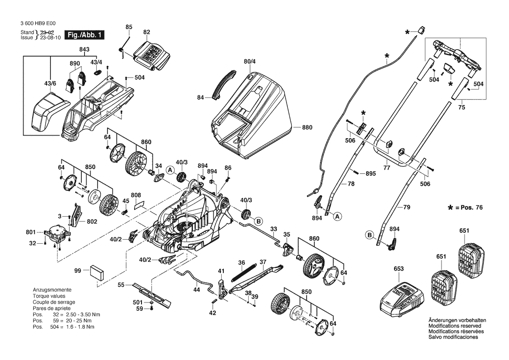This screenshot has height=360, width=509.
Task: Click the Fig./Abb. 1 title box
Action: (84, 35)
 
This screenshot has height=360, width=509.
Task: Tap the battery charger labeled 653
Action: (401, 298)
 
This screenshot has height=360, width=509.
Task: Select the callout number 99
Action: (78, 271)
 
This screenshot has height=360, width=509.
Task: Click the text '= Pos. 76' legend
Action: (468, 208)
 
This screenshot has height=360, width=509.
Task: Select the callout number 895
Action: (370, 173)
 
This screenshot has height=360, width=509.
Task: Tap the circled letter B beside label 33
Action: (258, 221)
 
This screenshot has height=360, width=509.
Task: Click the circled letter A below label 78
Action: (338, 215)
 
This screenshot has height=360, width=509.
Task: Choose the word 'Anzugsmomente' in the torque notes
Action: (52, 290)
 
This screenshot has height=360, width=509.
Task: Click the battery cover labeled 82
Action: (150, 56)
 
